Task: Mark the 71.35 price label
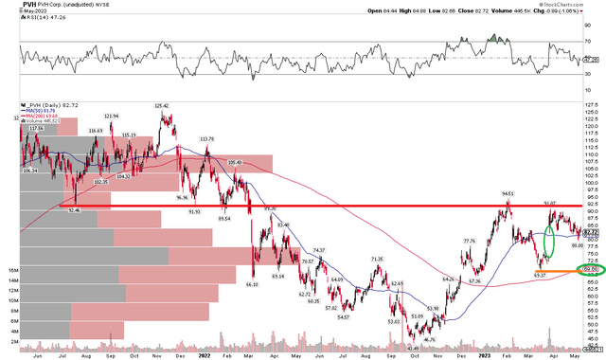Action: click(x=377, y=259)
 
